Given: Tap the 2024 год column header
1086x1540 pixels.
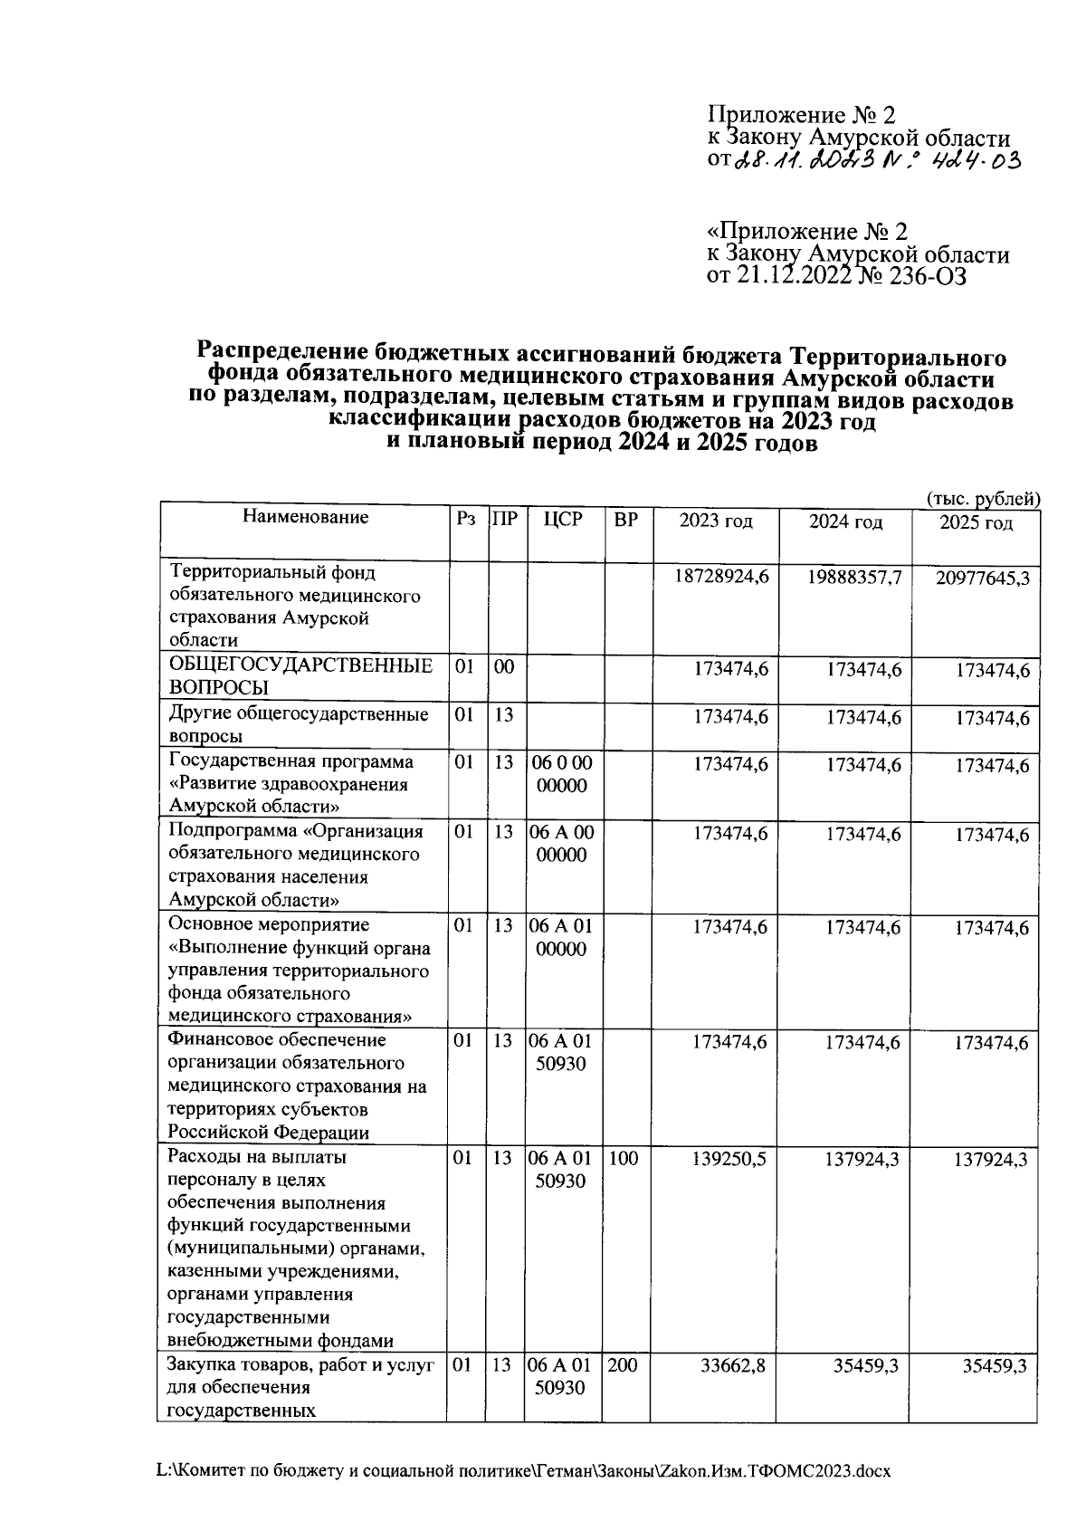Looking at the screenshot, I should point(845,522).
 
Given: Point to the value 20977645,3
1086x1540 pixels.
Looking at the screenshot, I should point(982,578).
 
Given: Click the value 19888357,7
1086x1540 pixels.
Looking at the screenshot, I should point(853,577).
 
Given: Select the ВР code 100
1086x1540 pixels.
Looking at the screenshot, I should point(623,1158).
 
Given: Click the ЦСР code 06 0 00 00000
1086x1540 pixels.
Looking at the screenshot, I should point(562,774).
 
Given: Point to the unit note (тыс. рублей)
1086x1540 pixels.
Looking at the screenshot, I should point(982,499).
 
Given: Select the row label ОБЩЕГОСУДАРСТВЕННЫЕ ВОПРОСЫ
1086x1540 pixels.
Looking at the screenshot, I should point(300,677).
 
